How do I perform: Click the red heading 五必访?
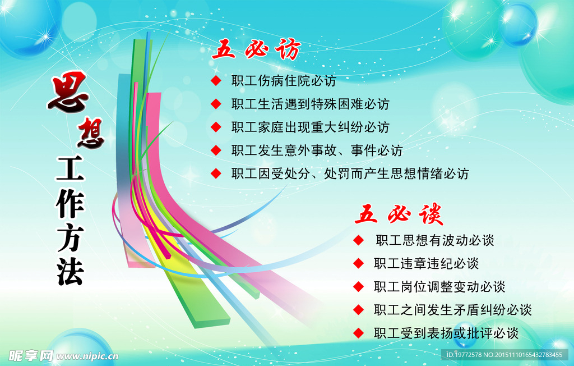pyautogui.click(x=256, y=50)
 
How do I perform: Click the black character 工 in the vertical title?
pyautogui.click(x=71, y=168)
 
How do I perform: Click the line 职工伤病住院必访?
pyautogui.click(x=284, y=81)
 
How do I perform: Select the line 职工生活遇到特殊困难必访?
pyautogui.click(x=310, y=104)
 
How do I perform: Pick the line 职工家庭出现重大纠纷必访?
pyautogui.click(x=310, y=127)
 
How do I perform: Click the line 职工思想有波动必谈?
pyautogui.click(x=435, y=240)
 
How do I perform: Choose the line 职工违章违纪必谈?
pyautogui.click(x=426, y=263)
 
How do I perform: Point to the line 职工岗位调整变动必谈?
pyautogui.click(x=439, y=286)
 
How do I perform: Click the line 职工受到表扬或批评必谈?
pyautogui.click(x=446, y=332)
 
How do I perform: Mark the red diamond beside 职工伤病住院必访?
pyautogui.click(x=216, y=81)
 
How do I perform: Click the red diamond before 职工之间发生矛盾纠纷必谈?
pyautogui.click(x=359, y=309)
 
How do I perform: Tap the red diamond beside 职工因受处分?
pyautogui.click(x=216, y=173)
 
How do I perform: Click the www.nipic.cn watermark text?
pyautogui.click(x=87, y=356)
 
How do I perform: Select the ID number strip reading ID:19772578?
pyautogui.click(x=504, y=355)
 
